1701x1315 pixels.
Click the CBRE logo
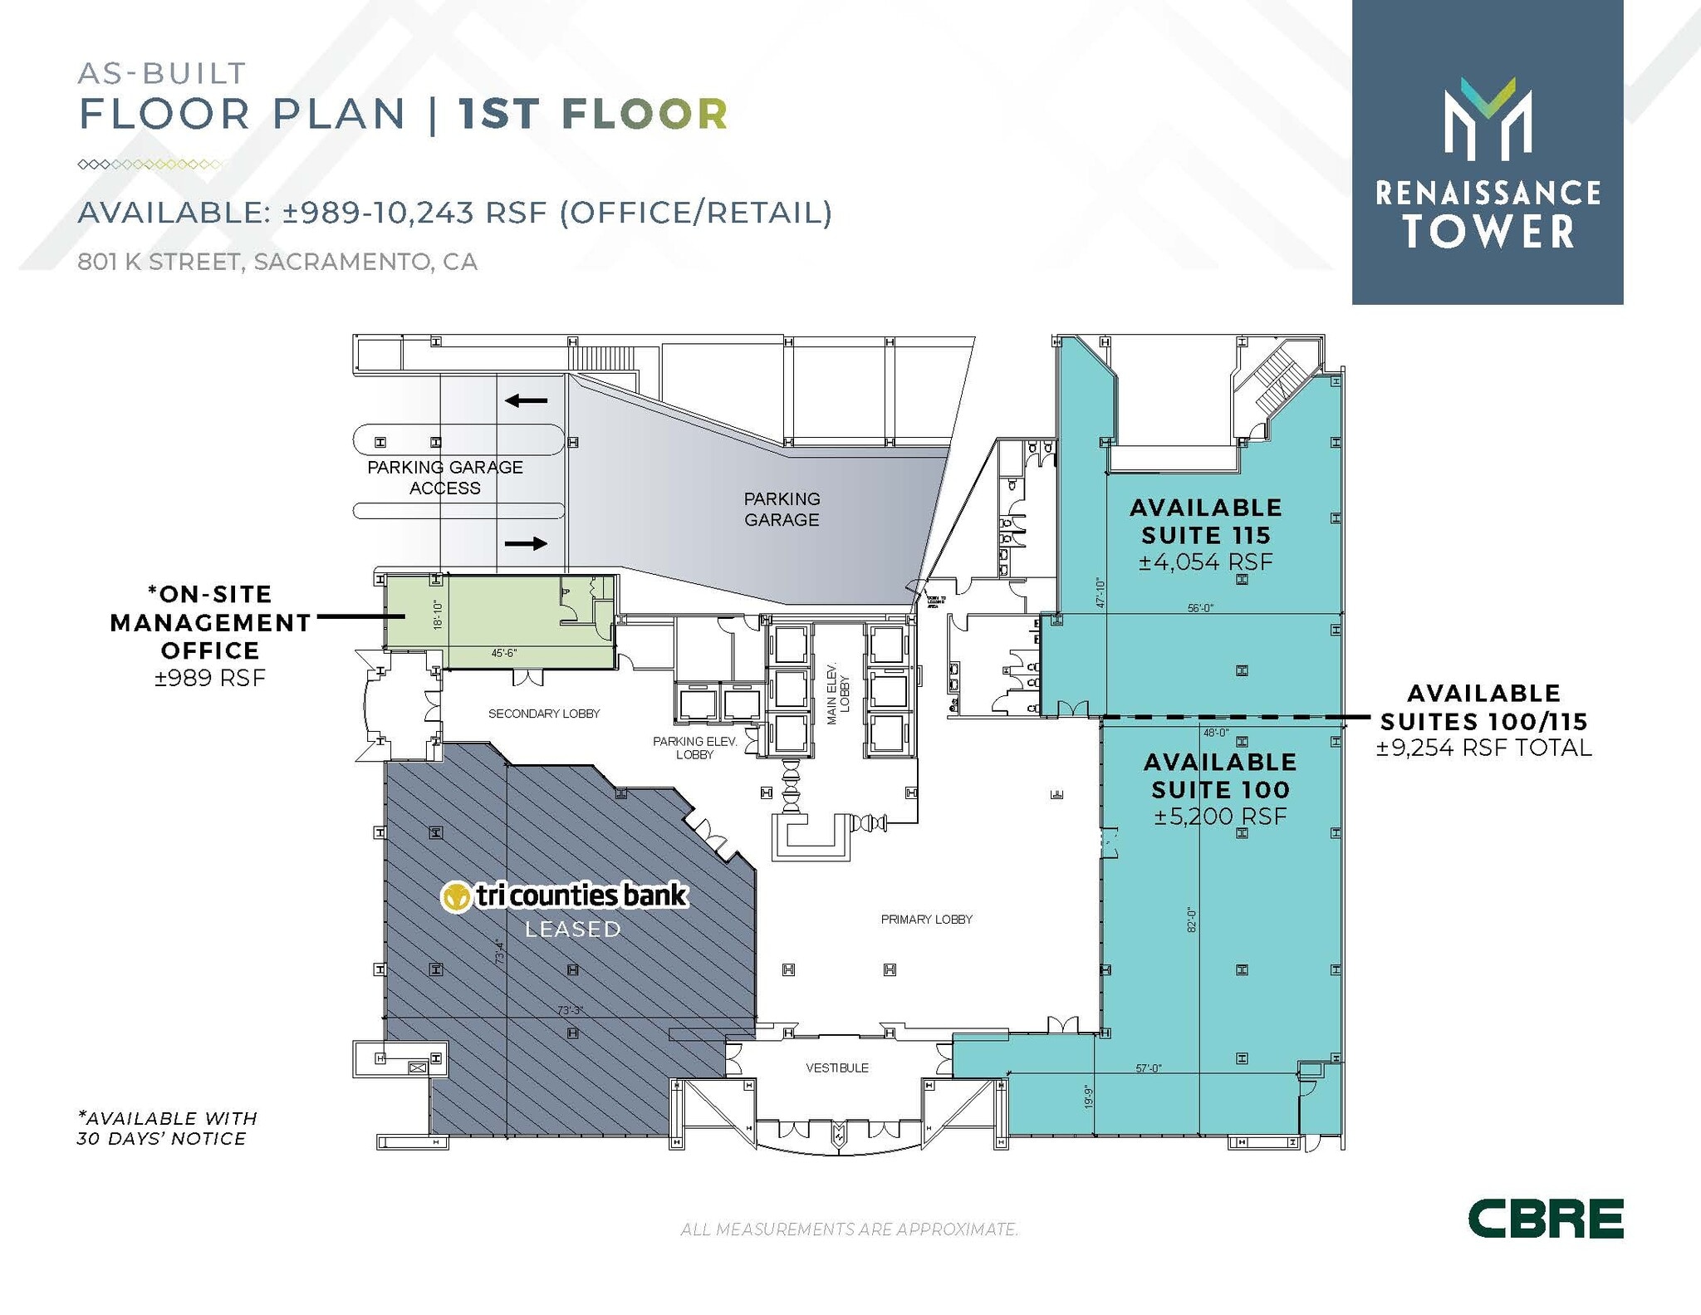point(1545,1219)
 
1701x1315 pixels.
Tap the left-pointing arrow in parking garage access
point(527,401)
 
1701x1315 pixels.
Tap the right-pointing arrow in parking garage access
point(527,544)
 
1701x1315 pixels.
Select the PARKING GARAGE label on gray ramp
point(782,509)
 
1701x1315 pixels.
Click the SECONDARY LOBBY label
point(544,714)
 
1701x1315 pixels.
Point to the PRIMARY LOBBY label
point(926,920)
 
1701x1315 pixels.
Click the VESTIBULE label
point(837,1068)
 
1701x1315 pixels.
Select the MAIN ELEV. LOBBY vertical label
point(838,694)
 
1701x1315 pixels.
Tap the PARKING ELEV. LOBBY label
point(695,748)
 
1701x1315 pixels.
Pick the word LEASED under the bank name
point(573,930)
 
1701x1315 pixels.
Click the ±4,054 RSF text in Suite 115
point(1205,562)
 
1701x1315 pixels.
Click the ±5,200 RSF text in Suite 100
point(1220,817)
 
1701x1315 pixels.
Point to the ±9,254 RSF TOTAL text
point(1484,748)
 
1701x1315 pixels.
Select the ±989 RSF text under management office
point(210,679)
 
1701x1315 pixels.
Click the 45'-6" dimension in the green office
point(504,653)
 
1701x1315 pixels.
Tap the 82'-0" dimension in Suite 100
point(1190,920)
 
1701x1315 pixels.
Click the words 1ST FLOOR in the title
point(593,114)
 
